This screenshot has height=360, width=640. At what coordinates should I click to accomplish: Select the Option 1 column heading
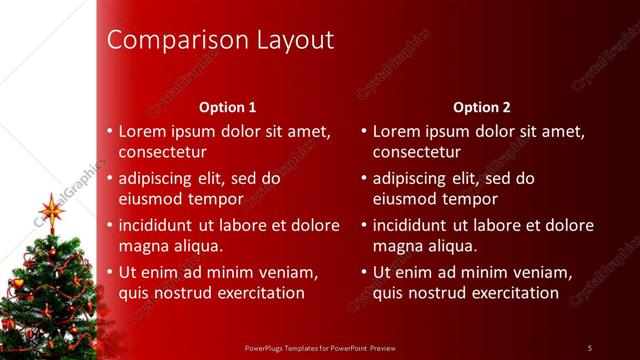(228, 107)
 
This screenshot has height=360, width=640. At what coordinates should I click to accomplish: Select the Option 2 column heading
(481, 107)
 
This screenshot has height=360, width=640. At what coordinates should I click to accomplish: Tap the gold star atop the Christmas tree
(51, 210)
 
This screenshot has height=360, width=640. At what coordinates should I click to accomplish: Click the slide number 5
(590, 347)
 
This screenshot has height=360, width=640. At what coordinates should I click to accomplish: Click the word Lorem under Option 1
(142, 131)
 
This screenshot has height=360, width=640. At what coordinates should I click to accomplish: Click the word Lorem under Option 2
(396, 131)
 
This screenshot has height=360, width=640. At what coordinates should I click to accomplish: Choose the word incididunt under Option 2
(414, 225)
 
